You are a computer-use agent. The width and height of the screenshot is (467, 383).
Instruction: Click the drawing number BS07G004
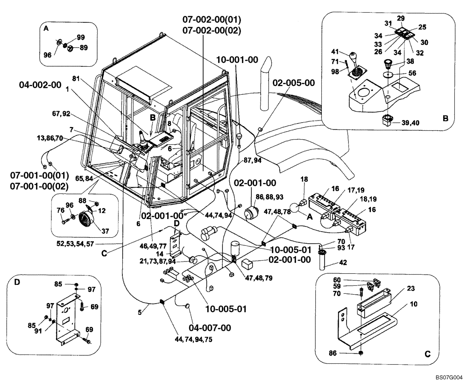[x=449, y=376]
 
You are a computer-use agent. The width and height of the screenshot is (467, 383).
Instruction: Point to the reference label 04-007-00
[x=210, y=328]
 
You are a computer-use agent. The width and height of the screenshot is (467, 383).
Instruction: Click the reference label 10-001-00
[x=237, y=60]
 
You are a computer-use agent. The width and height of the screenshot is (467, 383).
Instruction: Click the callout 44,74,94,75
[x=192, y=340]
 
